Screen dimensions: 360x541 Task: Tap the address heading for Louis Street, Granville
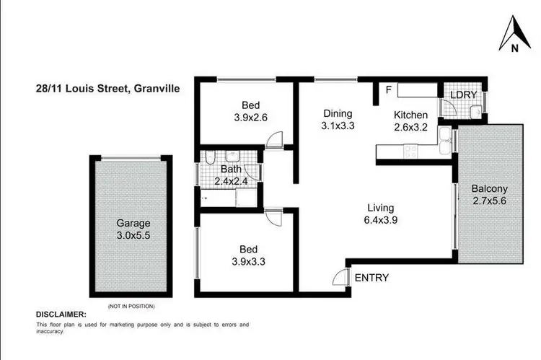coord(108,89)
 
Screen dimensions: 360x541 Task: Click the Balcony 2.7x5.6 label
coord(489,196)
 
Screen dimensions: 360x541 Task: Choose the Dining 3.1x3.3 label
coord(337,120)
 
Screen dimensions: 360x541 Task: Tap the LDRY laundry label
coord(463,95)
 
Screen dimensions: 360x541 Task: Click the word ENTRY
coord(372,278)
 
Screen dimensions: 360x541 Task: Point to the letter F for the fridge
coord(389,90)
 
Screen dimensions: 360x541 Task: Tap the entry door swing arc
coord(340,278)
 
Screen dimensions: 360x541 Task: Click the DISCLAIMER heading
coord(61,315)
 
